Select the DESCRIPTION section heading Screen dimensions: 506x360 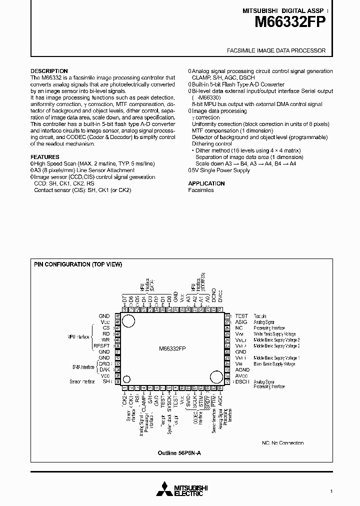(49, 71)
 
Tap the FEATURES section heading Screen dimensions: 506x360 (45, 157)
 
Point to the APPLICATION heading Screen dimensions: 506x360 (206, 183)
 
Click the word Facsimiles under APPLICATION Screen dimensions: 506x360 (201, 190)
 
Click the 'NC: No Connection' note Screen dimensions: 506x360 (282, 443)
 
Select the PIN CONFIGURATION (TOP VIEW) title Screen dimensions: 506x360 (78, 264)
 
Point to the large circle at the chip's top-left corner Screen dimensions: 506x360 (129, 322)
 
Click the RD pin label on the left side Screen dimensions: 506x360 (106, 334)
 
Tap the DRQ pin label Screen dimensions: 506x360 (104, 363)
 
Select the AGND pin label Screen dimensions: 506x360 (242, 369)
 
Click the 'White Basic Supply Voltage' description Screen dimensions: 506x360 (274, 334)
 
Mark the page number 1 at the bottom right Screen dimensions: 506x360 (331, 491)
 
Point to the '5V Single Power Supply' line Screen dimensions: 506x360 (219, 170)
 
